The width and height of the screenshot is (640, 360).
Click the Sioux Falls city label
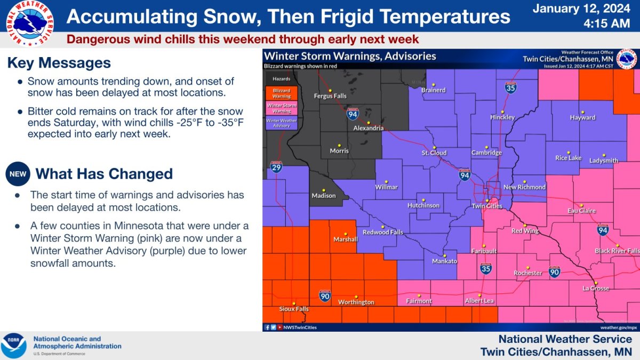tap(294, 309)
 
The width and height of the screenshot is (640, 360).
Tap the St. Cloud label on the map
tap(434, 153)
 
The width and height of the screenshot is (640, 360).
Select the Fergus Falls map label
tap(330, 96)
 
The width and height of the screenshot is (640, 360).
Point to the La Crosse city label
tap(596, 289)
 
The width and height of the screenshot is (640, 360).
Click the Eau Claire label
tap(581, 211)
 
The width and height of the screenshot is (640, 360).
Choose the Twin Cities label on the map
tap(487, 206)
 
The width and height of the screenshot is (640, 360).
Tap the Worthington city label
tap(356, 302)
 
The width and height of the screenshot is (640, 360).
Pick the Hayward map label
tap(582, 117)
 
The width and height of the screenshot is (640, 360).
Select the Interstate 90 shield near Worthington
tap(325, 295)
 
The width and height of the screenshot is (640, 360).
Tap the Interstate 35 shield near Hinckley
tap(510, 89)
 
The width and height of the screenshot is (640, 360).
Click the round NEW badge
tap(17, 174)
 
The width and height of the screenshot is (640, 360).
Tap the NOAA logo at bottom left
tap(13, 346)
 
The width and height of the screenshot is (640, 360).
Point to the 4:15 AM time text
tap(585, 23)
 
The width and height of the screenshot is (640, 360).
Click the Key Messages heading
tap(59, 63)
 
